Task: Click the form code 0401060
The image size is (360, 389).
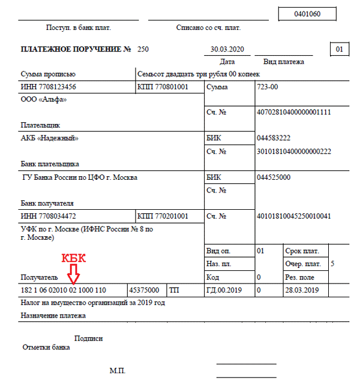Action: pos(307,14)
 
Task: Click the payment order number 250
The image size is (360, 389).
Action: pos(143,49)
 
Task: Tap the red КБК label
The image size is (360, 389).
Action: pos(75,258)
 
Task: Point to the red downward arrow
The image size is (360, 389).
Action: pos(74,275)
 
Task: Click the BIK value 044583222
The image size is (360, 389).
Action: pos(273,138)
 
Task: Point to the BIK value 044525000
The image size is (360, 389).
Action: pos(273,177)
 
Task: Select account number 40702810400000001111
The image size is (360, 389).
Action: pos(293,112)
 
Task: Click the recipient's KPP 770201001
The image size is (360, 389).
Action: pos(163,216)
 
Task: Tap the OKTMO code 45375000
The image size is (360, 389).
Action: pos(143,290)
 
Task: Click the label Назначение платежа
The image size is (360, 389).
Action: pos(53,315)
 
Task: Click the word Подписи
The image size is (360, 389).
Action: pos(88,339)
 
